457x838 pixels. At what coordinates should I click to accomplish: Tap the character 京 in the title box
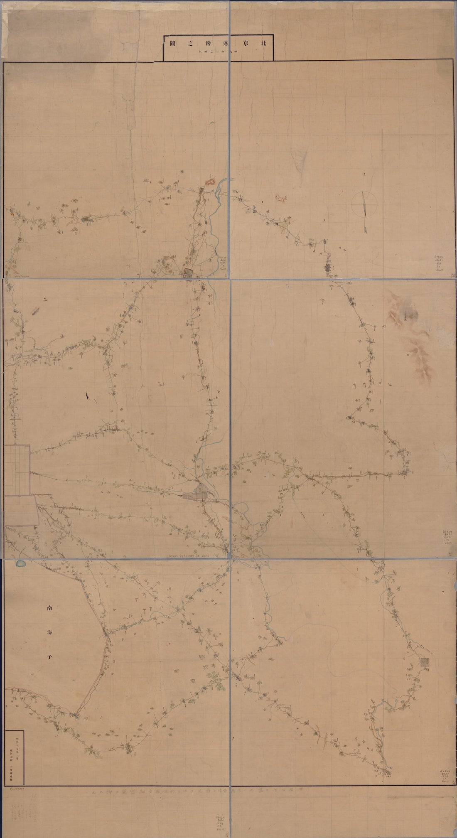pyautogui.click(x=239, y=43)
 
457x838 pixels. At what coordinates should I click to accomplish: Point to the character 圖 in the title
pyautogui.click(x=172, y=43)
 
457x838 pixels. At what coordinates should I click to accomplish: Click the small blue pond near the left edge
pyautogui.click(x=20, y=564)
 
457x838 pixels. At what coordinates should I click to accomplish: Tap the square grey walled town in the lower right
pyautogui.click(x=425, y=662)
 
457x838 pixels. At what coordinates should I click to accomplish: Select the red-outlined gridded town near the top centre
pyautogui.click(x=189, y=273)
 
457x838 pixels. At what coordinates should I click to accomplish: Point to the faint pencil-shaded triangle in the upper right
pyautogui.click(x=299, y=160)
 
